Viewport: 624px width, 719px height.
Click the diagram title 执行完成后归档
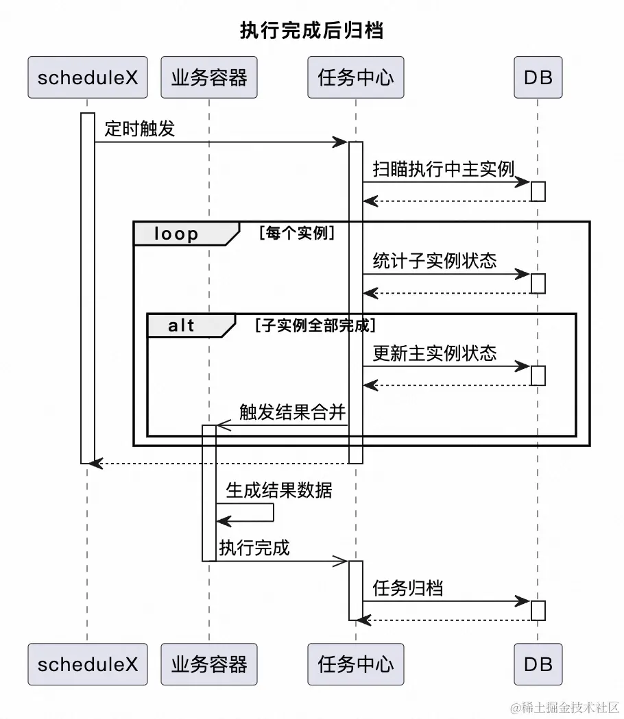click(311, 30)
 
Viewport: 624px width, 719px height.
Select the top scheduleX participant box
click(87, 77)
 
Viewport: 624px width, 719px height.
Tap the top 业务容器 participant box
click(208, 77)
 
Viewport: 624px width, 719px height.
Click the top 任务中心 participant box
click(355, 77)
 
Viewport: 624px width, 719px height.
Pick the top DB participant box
click(538, 77)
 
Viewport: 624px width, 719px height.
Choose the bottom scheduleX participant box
click(87, 664)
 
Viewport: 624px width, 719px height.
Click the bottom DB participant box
click(538, 664)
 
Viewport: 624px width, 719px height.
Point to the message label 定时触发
click(140, 128)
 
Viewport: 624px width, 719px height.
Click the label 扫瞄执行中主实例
click(443, 168)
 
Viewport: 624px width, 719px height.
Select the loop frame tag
click(177, 234)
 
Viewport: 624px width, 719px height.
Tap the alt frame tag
click(182, 325)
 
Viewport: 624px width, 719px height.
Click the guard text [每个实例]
click(296, 233)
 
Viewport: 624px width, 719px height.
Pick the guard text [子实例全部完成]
click(315, 325)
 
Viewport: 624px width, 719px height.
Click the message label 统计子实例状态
click(434, 261)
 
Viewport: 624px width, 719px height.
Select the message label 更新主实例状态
click(434, 353)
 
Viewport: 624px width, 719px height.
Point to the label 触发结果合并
click(292, 412)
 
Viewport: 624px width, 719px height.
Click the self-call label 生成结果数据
click(278, 490)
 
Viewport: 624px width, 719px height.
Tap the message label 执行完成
click(254, 547)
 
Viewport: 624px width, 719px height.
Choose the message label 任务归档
click(407, 588)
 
